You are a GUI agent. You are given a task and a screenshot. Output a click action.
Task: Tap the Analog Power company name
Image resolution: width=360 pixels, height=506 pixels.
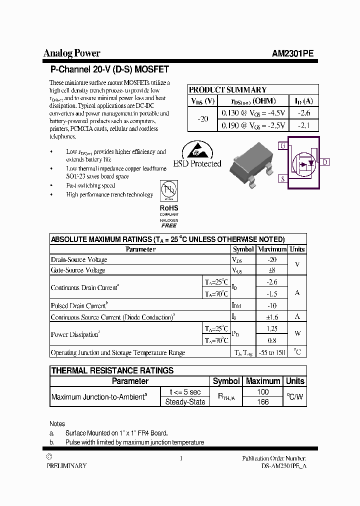point(72,53)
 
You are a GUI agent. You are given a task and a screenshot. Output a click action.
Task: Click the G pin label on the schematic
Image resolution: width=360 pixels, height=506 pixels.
point(283,146)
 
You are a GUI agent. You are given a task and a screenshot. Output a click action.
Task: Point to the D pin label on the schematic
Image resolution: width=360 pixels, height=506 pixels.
point(325,162)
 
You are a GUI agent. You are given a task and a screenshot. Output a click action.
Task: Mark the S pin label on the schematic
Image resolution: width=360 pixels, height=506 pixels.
point(283,178)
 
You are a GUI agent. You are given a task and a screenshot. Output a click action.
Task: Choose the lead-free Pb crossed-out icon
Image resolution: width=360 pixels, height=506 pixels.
point(168,191)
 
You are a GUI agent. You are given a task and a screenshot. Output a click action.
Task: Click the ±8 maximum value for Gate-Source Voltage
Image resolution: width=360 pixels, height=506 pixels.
point(271,270)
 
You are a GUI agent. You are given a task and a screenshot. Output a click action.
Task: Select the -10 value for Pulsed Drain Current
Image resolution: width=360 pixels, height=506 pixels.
point(271,305)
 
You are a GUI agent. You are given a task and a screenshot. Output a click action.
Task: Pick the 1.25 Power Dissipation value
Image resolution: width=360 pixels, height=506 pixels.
point(271,328)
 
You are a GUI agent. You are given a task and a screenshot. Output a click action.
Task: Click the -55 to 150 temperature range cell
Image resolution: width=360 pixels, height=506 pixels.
point(271,352)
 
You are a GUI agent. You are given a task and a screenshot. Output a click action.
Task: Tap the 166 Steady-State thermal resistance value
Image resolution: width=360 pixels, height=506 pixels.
point(262,401)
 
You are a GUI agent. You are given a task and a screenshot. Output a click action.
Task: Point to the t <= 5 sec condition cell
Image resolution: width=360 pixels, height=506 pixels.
point(184,392)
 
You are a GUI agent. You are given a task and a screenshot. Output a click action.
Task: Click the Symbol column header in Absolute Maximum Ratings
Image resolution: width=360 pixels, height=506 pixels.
point(243,249)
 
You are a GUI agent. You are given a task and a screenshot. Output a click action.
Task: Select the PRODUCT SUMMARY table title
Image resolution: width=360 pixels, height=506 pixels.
point(227,90)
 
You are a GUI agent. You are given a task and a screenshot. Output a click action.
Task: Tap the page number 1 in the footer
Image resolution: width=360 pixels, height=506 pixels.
point(180,458)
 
